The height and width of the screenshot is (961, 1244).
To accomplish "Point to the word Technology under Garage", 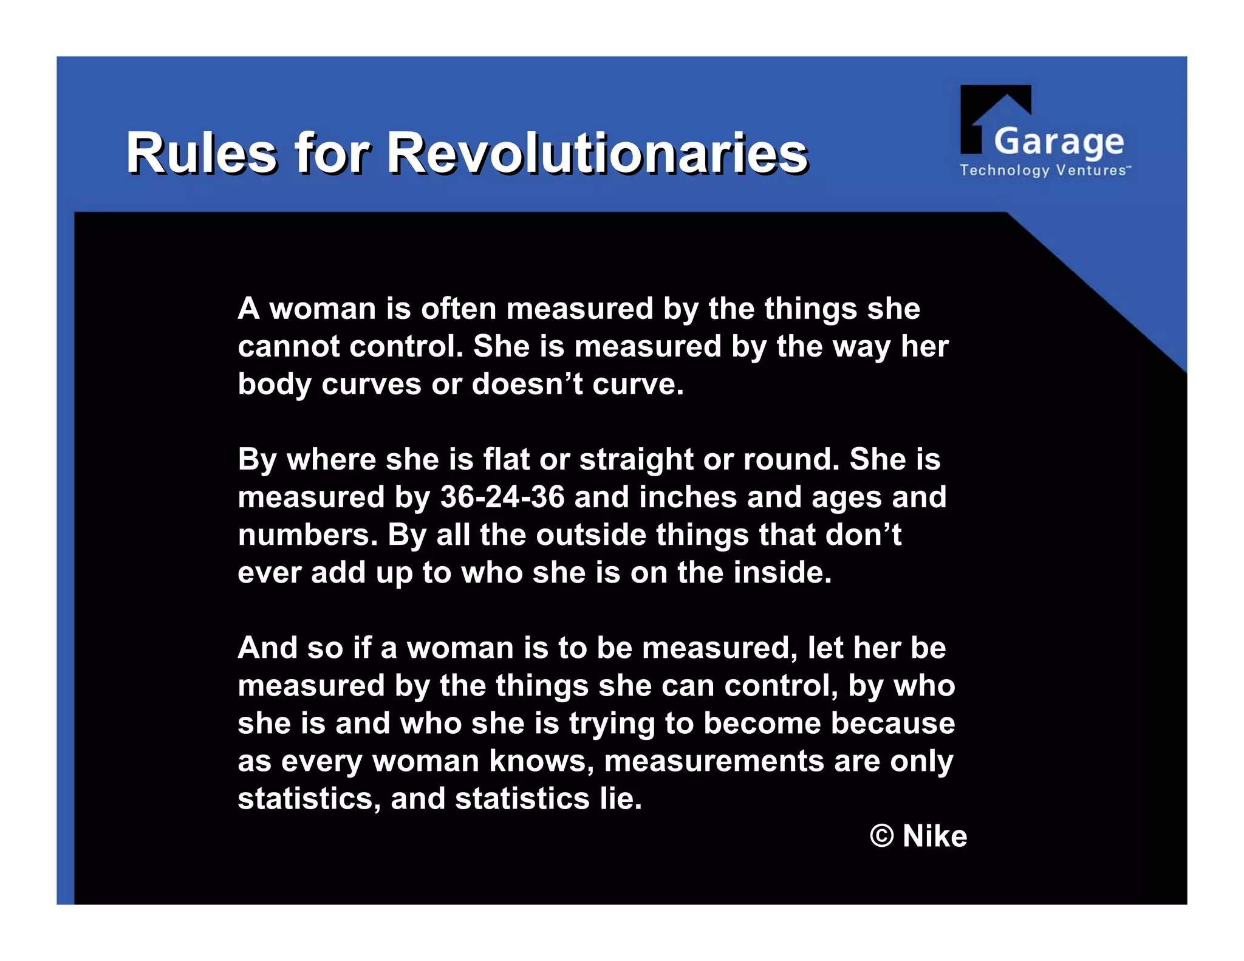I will click(1004, 171).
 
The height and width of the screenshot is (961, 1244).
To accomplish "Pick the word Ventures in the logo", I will click(1092, 171).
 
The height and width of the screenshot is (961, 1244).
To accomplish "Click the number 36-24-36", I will click(502, 497).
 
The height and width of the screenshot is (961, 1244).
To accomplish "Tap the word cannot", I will click(289, 347).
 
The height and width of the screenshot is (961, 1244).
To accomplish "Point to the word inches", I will click(688, 497).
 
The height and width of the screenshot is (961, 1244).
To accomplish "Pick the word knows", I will click(541, 761).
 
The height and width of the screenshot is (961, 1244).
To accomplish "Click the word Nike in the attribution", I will click(934, 836).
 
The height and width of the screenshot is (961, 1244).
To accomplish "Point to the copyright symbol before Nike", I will click(882, 836).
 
